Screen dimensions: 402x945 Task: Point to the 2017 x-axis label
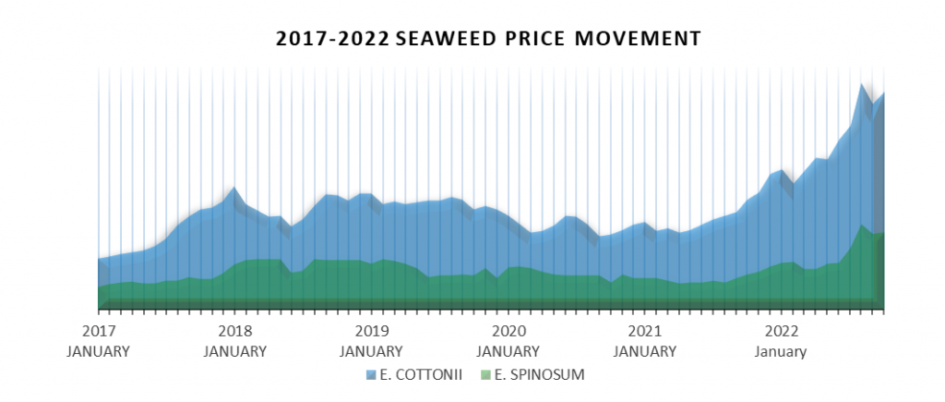pos(98,331)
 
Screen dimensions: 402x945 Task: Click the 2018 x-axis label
pos(234,331)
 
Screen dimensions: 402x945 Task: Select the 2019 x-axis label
pos(371,331)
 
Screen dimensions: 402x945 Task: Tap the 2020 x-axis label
pos(508,331)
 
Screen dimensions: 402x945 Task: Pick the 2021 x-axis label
pos(644,331)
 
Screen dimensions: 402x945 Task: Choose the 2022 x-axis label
pos(781,331)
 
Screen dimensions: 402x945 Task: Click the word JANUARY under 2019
pos(371,351)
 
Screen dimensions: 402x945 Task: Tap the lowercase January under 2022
pos(781,351)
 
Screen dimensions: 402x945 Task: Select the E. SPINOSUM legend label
pos(539,374)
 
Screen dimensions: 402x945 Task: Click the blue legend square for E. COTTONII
pos(372,374)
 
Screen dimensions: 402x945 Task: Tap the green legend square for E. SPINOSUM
pos(486,374)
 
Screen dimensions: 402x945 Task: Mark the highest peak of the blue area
pos(862,85)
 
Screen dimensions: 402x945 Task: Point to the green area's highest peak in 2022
pos(862,225)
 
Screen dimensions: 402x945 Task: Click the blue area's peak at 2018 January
pos(234,188)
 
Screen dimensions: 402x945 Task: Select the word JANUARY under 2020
pos(508,351)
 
